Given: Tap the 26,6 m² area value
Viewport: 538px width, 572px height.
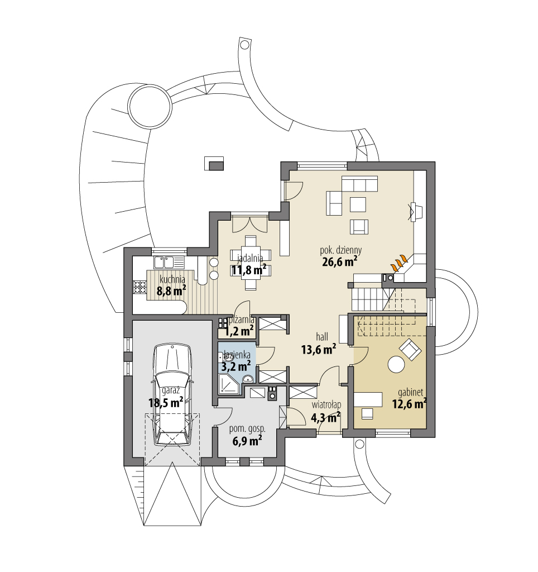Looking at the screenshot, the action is coord(339,261).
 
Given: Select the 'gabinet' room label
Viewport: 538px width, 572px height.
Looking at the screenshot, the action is coord(410,393).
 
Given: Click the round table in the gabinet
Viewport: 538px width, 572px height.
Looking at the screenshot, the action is coord(396,364).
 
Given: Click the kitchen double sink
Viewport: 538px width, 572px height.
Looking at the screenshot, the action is coord(165,262).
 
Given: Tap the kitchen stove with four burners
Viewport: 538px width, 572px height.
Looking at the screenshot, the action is coord(139,287).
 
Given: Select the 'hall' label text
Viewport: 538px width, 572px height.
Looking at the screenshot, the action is coord(322,336).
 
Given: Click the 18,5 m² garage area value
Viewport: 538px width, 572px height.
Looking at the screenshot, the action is coord(166,402).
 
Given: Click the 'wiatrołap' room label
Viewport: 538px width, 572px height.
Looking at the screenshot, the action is coord(326,405).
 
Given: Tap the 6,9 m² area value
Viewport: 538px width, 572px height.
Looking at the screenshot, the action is coord(247,441).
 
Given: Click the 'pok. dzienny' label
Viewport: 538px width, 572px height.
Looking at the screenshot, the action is coord(341,250).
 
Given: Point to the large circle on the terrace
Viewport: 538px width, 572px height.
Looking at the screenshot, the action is coord(150,108).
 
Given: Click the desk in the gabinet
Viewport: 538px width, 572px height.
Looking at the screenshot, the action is coord(368,399).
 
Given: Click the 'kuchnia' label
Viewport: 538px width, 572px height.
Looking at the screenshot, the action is coord(172,279).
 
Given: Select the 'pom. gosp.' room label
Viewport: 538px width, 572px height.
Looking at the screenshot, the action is coord(247,430).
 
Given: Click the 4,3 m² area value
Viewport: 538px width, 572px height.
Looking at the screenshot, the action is coord(326,417).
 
